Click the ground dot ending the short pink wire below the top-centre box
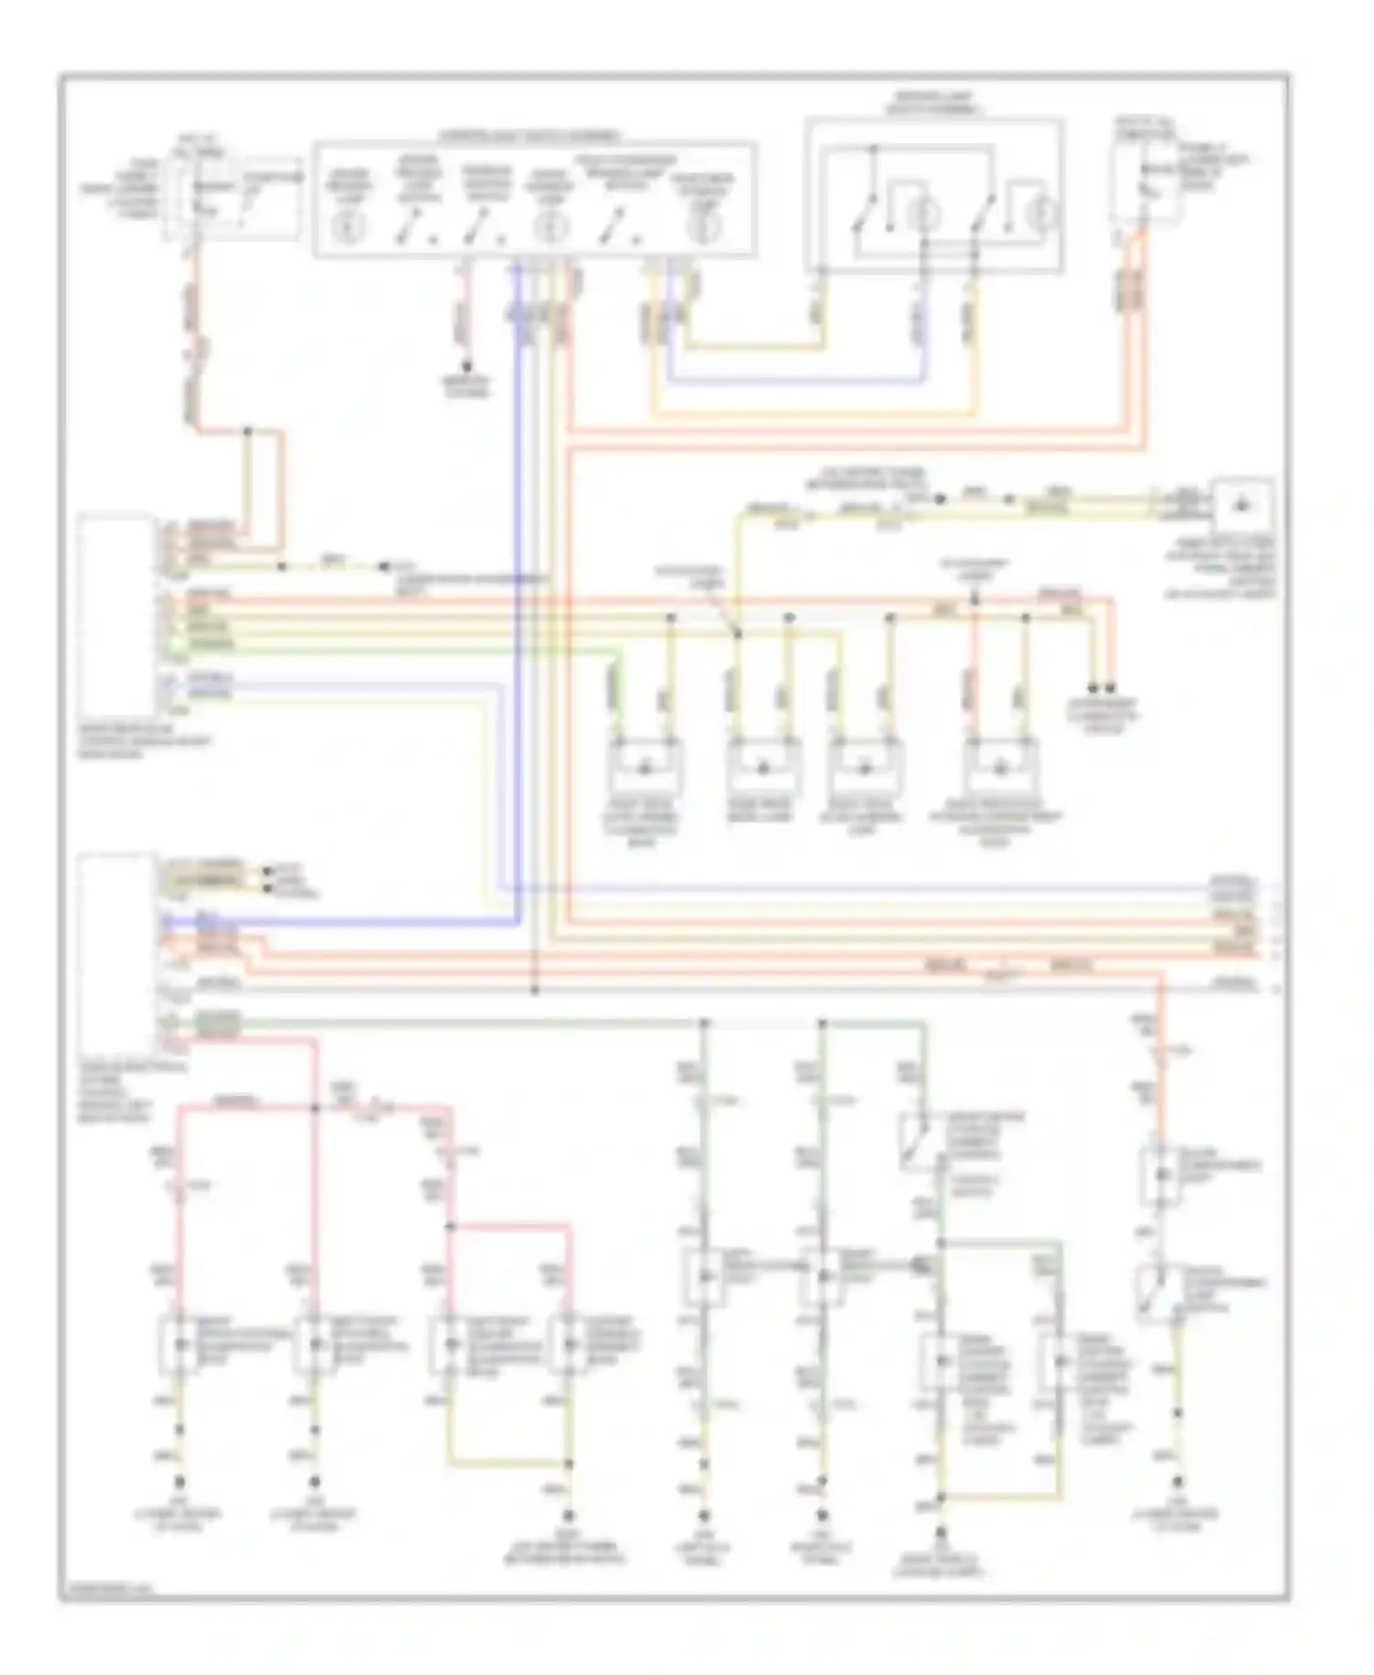pyautogui.click(x=466, y=364)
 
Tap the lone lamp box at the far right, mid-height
pyautogui.click(x=1242, y=505)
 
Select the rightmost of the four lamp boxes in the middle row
pyautogui.click(x=1000, y=766)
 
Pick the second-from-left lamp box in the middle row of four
pyautogui.click(x=762, y=766)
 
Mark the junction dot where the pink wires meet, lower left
pyautogui.click(x=315, y=1109)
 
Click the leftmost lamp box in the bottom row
pyautogui.click(x=180, y=1344)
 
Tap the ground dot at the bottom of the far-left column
pyautogui.click(x=180, y=1482)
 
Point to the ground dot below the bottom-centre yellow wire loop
pyautogui.click(x=568, y=1516)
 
